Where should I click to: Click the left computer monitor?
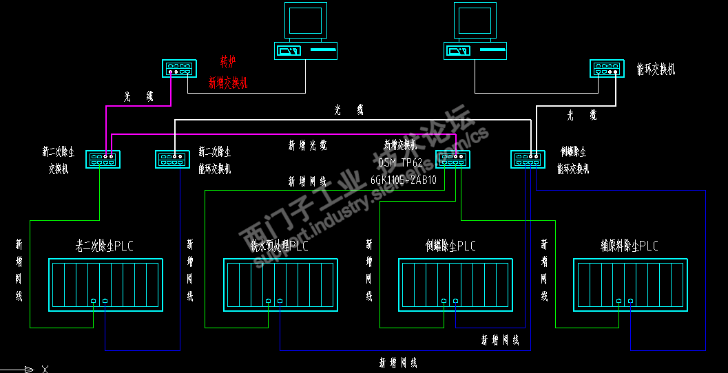point(304,21)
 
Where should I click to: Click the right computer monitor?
point(474,21)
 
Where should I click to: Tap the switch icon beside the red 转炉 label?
point(180,69)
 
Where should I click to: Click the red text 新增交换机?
point(228,83)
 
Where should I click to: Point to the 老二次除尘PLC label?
point(104,246)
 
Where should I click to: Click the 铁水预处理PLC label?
point(279,246)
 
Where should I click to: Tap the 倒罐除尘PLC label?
point(450,246)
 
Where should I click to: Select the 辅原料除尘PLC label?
point(630,246)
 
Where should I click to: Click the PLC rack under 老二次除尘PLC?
point(105,285)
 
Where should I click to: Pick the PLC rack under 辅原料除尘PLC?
point(630,285)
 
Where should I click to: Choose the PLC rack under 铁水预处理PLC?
point(280,285)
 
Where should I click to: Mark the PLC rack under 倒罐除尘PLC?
point(455,285)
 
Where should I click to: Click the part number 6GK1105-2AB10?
point(404,180)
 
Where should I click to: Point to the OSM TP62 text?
point(401,163)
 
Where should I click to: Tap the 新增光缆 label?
point(307,146)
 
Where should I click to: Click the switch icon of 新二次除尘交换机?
point(103,160)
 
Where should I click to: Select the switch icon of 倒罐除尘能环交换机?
point(528,160)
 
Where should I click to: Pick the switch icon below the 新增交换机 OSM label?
point(453,160)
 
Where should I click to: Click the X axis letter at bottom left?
point(45,369)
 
